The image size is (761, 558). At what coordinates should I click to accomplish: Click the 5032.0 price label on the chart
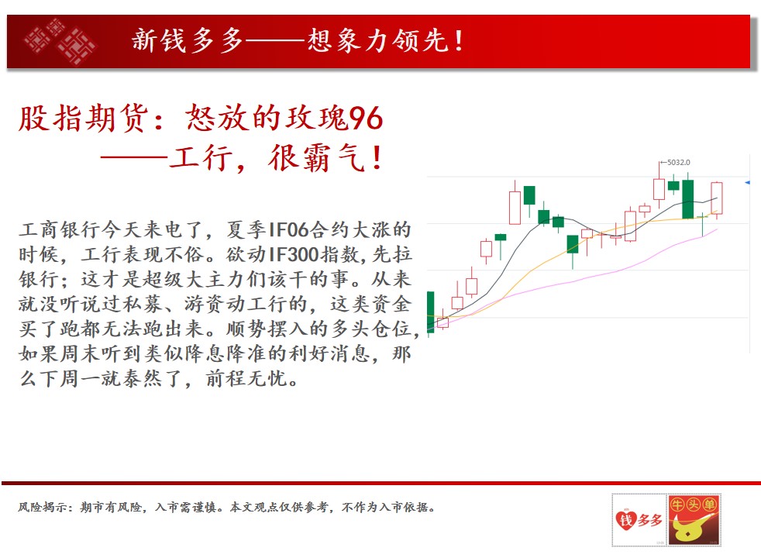pyautogui.click(x=679, y=163)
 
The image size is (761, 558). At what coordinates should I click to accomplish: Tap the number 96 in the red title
pyautogui.click(x=366, y=118)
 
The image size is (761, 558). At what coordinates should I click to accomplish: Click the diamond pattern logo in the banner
pyautogui.click(x=60, y=42)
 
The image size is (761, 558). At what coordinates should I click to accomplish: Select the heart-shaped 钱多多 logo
pyautogui.click(x=639, y=521)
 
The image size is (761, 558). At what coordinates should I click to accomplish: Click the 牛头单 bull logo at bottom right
pyautogui.click(x=694, y=520)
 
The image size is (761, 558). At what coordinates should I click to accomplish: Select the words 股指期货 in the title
pyautogui.click(x=82, y=118)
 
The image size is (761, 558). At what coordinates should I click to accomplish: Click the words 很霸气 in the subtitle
pyautogui.click(x=316, y=157)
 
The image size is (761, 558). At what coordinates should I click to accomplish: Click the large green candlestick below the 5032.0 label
pyautogui.click(x=687, y=199)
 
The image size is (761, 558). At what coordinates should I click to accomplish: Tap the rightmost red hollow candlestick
pyautogui.click(x=717, y=198)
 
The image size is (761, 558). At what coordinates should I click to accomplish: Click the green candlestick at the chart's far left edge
pyautogui.click(x=431, y=312)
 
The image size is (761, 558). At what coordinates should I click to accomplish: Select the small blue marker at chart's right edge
pyautogui.click(x=748, y=182)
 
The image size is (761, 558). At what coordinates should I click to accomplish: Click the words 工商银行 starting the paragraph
pyautogui.click(x=60, y=229)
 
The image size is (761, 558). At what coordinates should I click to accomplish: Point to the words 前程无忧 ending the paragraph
pyautogui.click(x=246, y=378)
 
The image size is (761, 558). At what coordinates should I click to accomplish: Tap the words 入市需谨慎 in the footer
pyautogui.click(x=186, y=507)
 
